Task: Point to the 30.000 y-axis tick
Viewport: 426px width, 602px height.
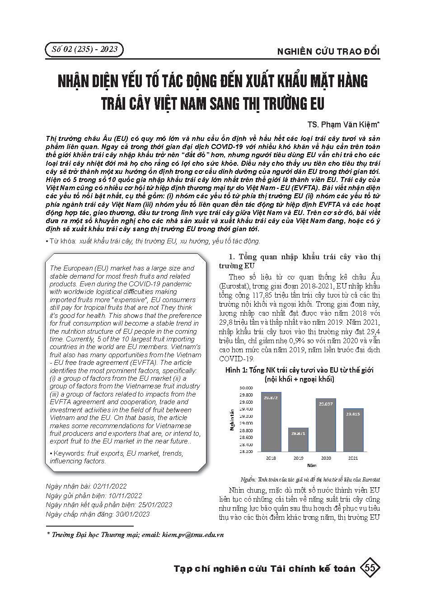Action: [246, 387]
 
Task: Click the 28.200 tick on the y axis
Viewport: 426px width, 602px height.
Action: [246, 451]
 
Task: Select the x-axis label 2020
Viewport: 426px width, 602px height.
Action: [326, 458]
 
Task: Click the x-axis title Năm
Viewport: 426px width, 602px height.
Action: [312, 465]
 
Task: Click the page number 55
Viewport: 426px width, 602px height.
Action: [371, 569]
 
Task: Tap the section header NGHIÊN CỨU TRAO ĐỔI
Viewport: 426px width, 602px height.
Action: [328, 51]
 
